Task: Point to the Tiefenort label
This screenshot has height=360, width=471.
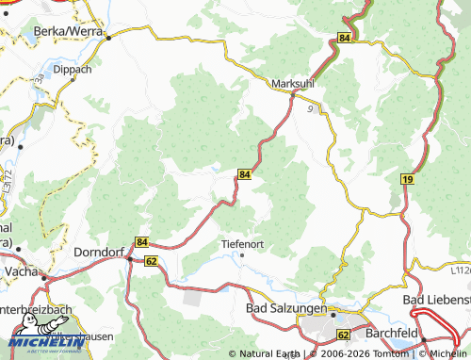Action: [241, 243]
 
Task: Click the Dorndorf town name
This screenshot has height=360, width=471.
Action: [99, 254]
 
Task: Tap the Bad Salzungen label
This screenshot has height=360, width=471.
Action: [285, 308]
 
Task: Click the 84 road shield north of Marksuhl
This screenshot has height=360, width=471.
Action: [345, 38]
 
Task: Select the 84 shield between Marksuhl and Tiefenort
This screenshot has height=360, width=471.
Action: [244, 174]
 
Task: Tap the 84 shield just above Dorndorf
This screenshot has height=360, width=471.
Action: [141, 242]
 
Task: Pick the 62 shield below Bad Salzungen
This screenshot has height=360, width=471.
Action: [343, 335]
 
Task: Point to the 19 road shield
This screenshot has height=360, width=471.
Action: [406, 179]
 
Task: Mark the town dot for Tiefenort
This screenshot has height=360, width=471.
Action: [243, 254]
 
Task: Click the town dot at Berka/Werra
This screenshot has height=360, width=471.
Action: [107, 39]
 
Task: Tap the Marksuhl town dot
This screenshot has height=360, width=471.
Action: [293, 94]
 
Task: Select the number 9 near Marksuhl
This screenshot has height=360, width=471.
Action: [310, 109]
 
